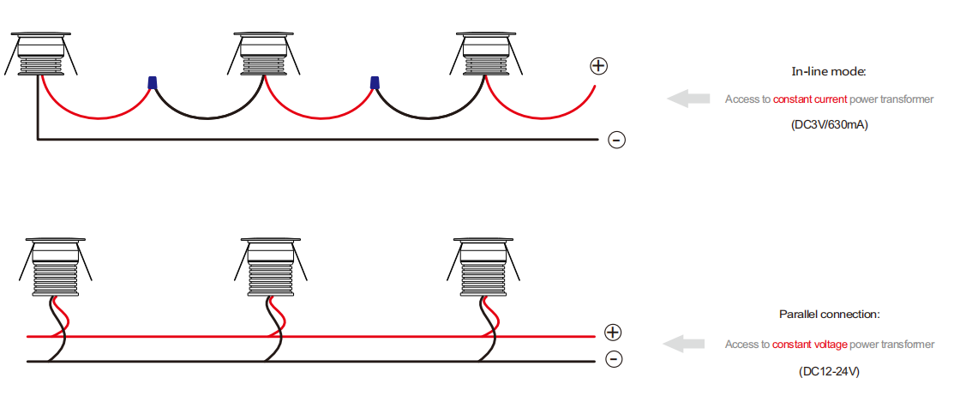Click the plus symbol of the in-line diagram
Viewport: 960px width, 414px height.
point(598,66)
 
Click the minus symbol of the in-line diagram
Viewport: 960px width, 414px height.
point(616,141)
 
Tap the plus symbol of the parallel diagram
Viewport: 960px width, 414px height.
point(613,333)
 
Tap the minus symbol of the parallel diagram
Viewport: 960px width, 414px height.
point(614,359)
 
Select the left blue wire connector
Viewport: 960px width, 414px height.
point(152,82)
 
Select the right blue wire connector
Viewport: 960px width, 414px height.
point(375,82)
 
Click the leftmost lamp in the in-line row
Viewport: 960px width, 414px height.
point(41,54)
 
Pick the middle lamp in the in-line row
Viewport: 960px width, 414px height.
point(265,54)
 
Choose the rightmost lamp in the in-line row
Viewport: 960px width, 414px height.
point(487,54)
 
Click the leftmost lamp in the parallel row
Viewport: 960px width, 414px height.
point(56,267)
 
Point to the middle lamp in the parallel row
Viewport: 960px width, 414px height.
point(271,267)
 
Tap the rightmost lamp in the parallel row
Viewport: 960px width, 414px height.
point(483,267)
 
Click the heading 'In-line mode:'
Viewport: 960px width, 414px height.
point(829,72)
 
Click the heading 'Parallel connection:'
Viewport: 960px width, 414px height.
point(830,315)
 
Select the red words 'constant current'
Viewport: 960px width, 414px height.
point(810,99)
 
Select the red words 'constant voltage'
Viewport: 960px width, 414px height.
point(810,345)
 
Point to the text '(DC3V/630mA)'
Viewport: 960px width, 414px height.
point(830,125)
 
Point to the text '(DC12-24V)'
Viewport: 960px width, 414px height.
point(830,371)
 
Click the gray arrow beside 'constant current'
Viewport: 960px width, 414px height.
point(688,98)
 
